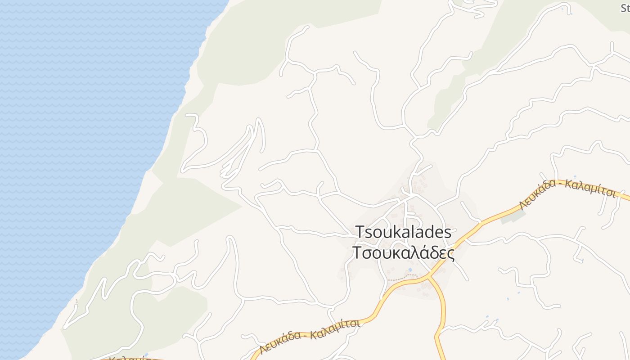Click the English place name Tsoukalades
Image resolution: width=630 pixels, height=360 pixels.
pyautogui.click(x=403, y=232)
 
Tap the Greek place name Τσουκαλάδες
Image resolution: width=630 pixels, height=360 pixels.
pyautogui.click(x=403, y=253)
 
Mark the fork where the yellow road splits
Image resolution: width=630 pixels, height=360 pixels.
pyautogui.click(x=429, y=276)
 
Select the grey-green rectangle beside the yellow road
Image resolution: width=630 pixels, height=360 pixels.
pyautogui.click(x=513, y=216)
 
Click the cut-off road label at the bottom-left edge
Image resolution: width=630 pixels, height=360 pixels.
pyautogui.click(x=130, y=358)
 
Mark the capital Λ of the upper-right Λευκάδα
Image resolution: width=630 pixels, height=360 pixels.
pyautogui.click(x=523, y=205)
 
